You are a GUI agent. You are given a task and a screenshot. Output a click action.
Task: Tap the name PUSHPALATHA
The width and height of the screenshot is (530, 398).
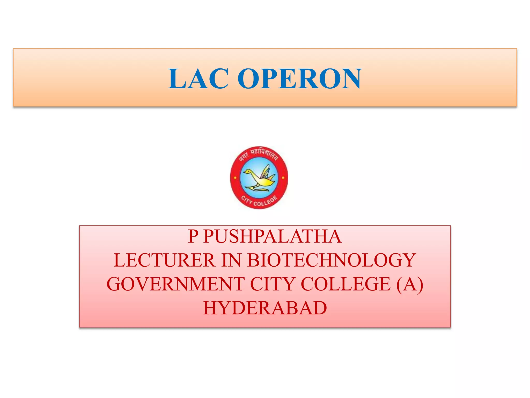[x=273, y=236]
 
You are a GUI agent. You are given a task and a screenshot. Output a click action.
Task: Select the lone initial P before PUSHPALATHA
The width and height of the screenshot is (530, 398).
[x=193, y=236]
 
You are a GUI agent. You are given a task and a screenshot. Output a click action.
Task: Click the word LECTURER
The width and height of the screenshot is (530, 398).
[x=164, y=260]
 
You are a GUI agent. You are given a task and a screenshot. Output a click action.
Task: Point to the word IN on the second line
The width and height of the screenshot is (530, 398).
[x=231, y=260]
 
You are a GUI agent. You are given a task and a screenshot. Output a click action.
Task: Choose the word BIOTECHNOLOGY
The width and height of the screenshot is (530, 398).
[x=332, y=260]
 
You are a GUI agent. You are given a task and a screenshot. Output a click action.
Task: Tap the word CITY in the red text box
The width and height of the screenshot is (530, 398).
[x=272, y=284]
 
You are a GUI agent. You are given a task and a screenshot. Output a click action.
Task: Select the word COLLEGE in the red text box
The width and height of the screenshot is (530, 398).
[x=346, y=284]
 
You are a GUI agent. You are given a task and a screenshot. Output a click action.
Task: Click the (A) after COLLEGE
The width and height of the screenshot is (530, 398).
[x=410, y=284]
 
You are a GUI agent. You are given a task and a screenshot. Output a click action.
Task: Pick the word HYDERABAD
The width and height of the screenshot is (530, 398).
[x=265, y=308]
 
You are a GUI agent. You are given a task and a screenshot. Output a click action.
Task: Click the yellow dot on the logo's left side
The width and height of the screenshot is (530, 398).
[x=235, y=178]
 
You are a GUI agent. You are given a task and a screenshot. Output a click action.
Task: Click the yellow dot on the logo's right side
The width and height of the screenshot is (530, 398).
[x=283, y=178]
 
